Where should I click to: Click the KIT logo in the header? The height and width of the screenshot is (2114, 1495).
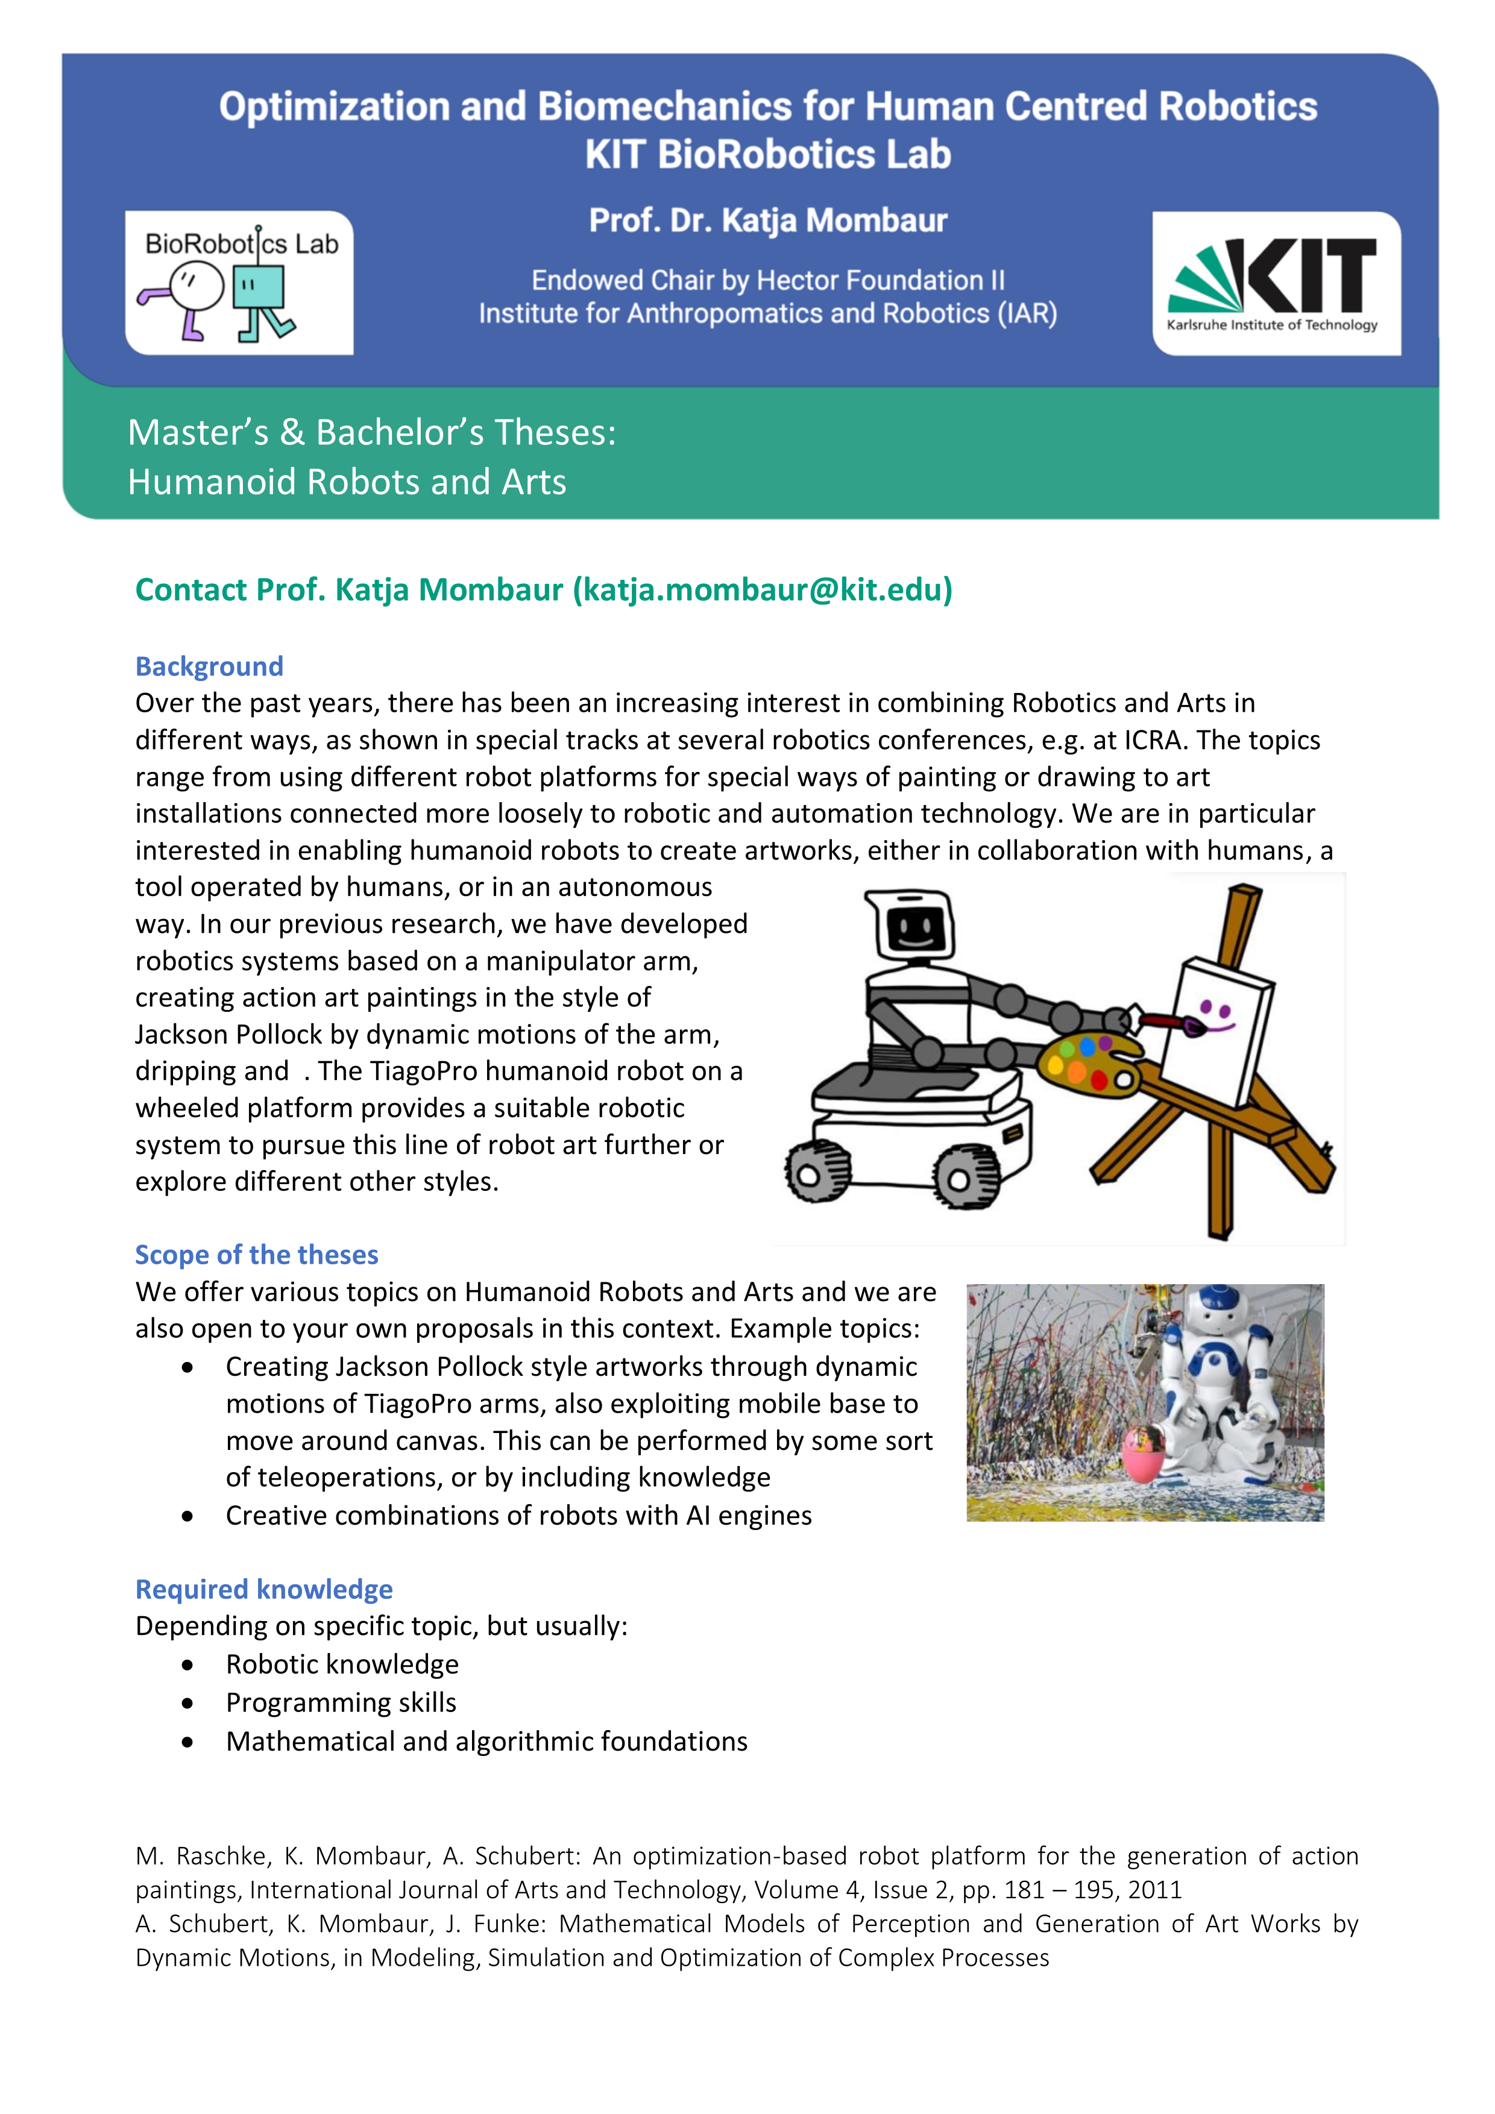(1276, 284)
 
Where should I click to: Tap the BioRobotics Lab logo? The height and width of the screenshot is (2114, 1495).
(239, 283)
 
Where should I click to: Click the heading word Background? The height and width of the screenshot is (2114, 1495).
(209, 666)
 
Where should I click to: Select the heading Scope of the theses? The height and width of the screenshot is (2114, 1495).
(256, 1254)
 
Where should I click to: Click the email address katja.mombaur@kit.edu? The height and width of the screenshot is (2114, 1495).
(763, 589)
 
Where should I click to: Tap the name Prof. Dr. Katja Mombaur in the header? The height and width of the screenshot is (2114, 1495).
(767, 221)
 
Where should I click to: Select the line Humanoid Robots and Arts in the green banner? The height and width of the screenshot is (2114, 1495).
(347, 481)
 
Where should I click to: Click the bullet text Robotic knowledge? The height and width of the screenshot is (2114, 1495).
(342, 1664)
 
